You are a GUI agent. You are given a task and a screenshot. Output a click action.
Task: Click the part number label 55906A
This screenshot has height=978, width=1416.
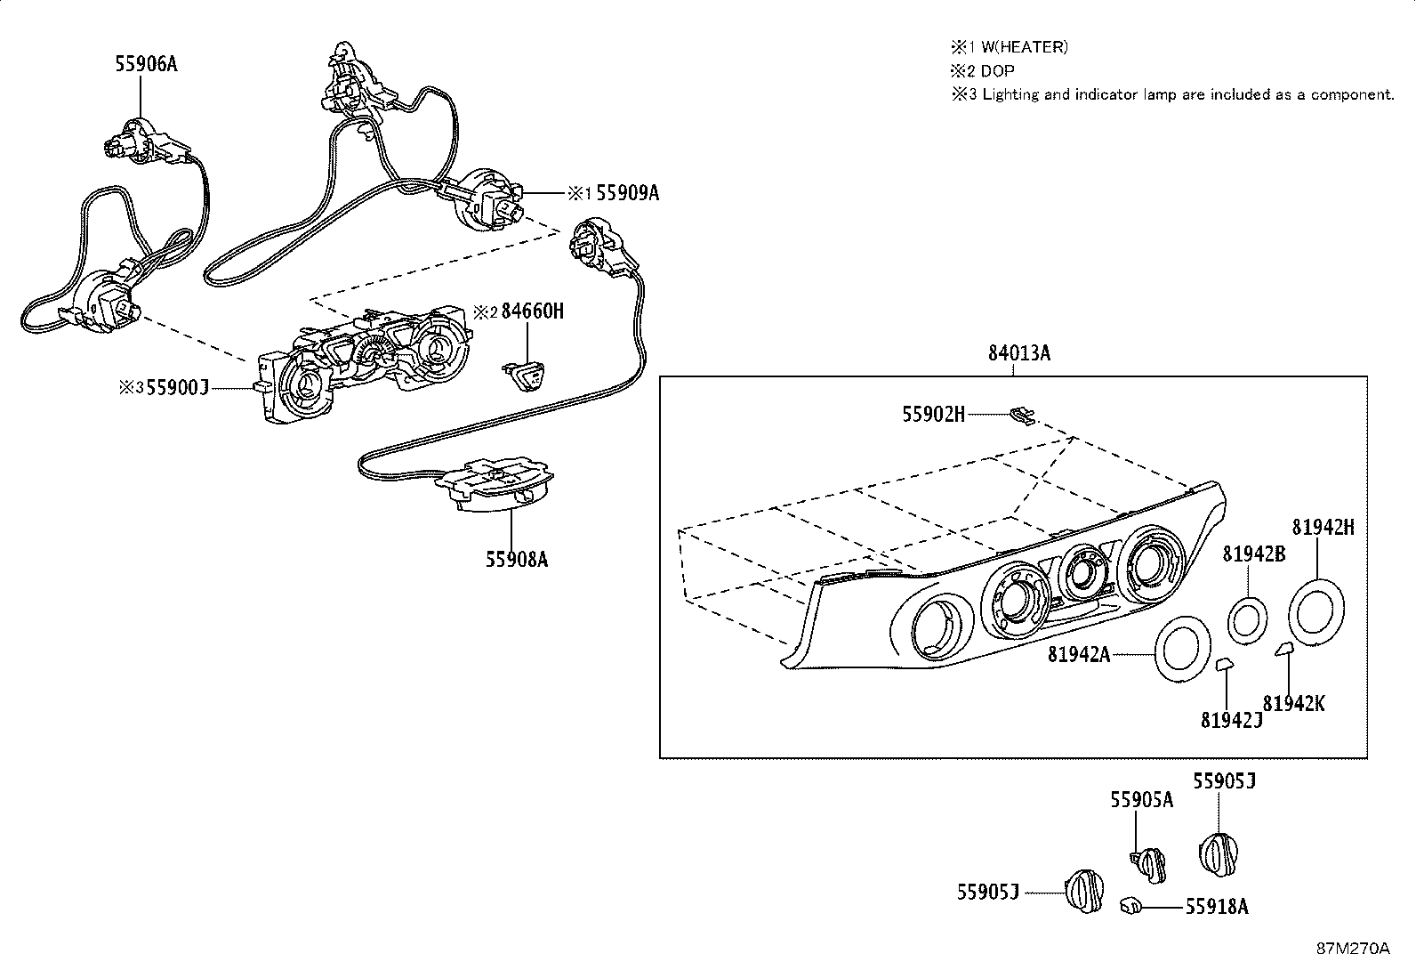(146, 63)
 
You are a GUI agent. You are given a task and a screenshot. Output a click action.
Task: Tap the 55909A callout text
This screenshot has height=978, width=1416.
(627, 192)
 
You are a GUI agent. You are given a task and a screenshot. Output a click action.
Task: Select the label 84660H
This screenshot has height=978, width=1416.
(532, 311)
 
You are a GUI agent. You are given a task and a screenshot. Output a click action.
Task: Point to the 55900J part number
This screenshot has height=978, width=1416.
(177, 387)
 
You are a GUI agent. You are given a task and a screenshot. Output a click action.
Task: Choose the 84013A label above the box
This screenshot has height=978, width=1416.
(1018, 353)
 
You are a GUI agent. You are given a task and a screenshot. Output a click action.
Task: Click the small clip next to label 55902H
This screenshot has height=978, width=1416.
(1022, 415)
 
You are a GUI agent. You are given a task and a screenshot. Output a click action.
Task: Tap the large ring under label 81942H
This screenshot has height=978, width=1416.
(1316, 611)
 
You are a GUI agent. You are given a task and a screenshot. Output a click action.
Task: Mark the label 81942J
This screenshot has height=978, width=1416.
(1231, 720)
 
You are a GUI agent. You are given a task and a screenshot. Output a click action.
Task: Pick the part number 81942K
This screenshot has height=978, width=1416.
(1293, 703)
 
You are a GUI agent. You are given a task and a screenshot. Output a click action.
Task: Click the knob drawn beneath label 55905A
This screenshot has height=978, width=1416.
(1151, 861)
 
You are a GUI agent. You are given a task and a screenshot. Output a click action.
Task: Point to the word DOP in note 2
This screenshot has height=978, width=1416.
(997, 71)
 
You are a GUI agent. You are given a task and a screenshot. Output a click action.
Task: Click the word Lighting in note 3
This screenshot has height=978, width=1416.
(1010, 94)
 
